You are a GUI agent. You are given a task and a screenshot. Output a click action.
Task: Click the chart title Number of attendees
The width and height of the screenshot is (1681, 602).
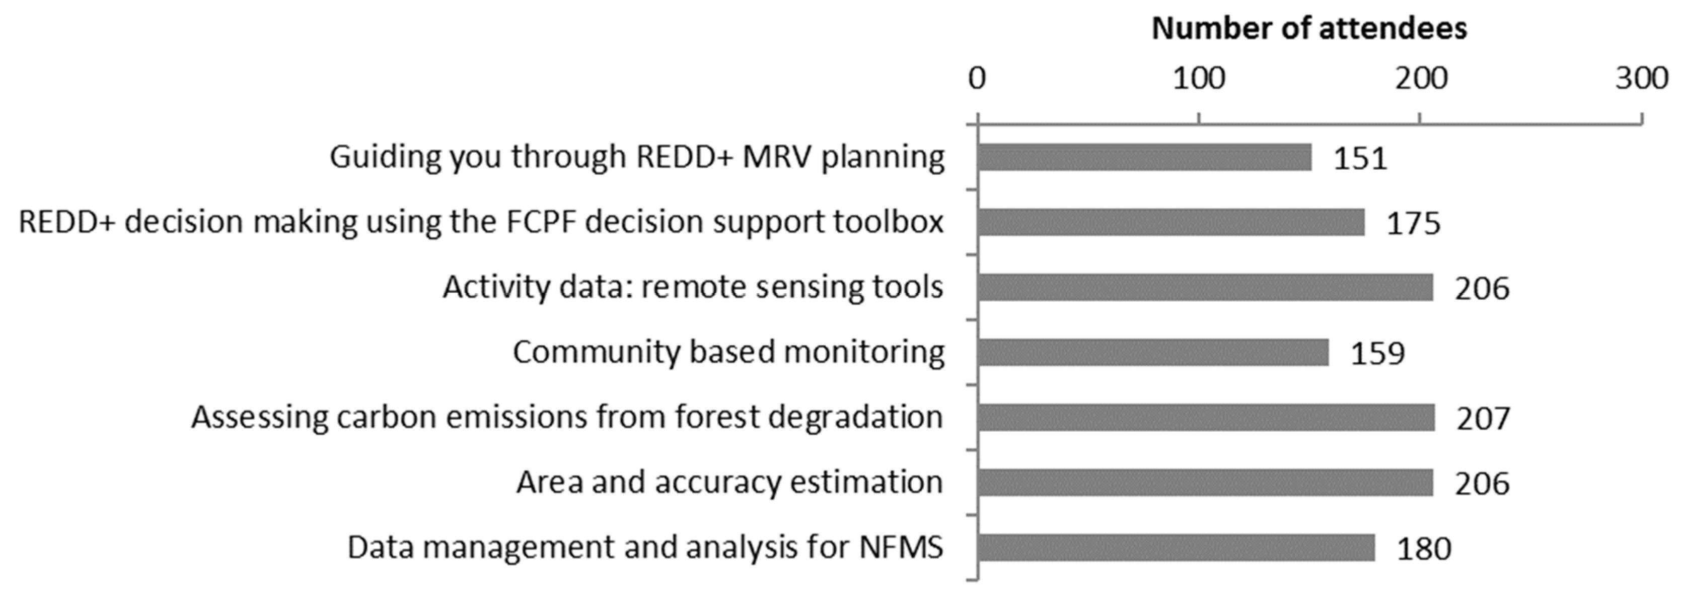point(1309,29)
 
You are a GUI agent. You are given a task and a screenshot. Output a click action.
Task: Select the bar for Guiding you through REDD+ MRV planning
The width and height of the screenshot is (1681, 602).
point(1145,157)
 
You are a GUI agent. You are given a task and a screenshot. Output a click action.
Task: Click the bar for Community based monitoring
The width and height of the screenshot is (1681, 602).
point(1153,353)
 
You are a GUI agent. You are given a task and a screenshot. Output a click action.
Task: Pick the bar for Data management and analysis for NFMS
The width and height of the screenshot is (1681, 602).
point(1176,548)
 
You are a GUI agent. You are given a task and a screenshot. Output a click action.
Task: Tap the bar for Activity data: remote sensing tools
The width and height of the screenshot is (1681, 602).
point(1205,287)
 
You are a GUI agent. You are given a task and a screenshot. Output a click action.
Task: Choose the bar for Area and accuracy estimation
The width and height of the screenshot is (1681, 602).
point(1205,483)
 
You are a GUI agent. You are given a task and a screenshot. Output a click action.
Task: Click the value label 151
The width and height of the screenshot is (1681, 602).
point(1360,159)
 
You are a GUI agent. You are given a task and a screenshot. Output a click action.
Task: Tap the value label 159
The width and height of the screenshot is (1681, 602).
point(1377,354)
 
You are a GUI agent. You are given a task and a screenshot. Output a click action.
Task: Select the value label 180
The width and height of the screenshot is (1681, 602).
point(1424,549)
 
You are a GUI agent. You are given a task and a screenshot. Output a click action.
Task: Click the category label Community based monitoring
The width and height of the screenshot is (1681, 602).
point(728,352)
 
